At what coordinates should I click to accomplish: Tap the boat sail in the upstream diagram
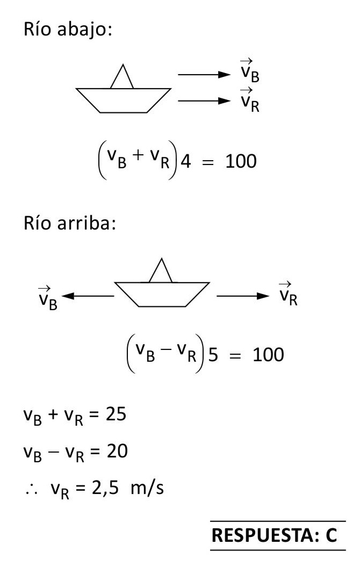[160, 271]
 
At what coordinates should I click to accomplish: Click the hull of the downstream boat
[123, 99]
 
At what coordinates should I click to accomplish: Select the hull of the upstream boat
[162, 293]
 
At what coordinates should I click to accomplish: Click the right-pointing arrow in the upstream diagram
[241, 295]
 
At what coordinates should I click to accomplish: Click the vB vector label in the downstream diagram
[249, 73]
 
